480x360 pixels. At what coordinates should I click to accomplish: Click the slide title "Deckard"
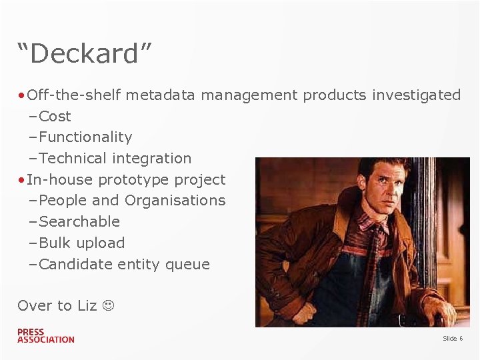pyautogui.click(x=85, y=54)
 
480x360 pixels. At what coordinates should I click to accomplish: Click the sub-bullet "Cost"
pyautogui.click(x=55, y=116)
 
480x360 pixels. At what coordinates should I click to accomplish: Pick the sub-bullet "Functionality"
pyautogui.click(x=85, y=137)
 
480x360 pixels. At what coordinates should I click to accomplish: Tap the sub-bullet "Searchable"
pyautogui.click(x=79, y=222)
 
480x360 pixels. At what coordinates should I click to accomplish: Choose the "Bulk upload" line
pyautogui.click(x=81, y=243)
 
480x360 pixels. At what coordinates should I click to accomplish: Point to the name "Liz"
pyautogui.click(x=87, y=306)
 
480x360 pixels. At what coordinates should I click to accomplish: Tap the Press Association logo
pyautogui.click(x=45, y=336)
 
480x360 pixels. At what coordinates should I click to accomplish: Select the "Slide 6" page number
pyautogui.click(x=453, y=339)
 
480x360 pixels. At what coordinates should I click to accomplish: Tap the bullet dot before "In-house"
pyautogui.click(x=22, y=180)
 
